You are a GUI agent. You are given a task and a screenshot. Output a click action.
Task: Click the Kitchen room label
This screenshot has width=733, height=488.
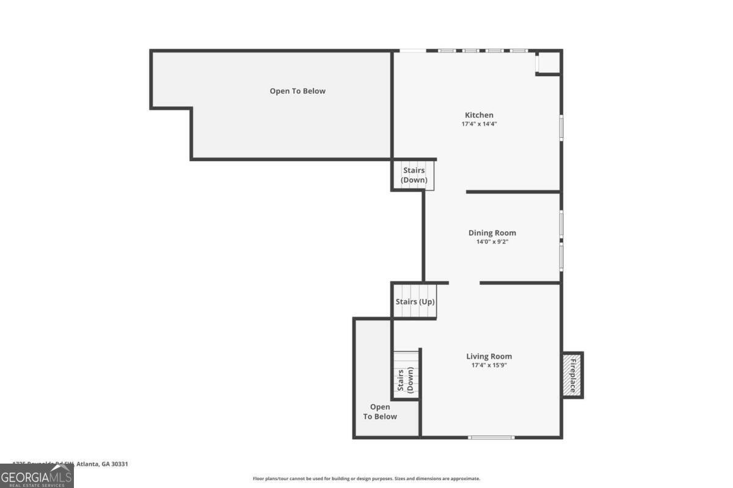tap(479, 115)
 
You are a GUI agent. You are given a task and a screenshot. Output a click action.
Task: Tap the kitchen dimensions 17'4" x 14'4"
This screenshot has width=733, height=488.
tap(479, 124)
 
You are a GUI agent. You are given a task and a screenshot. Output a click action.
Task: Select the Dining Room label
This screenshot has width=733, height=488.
tap(492, 232)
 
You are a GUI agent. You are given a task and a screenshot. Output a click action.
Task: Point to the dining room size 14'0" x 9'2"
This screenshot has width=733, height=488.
tap(492, 242)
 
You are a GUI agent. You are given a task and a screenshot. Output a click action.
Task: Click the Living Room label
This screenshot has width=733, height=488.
tap(489, 356)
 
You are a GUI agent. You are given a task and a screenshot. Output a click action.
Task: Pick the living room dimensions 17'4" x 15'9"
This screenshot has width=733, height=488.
tap(489, 365)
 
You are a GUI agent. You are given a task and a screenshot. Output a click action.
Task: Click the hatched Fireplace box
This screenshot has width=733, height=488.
tap(573, 375)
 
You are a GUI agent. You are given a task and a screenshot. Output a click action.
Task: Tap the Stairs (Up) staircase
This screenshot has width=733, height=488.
tap(415, 301)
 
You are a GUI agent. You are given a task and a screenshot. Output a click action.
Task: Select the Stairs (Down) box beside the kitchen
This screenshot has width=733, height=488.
tap(414, 175)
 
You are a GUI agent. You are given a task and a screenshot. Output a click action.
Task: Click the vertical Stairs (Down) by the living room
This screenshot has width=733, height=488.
tap(406, 375)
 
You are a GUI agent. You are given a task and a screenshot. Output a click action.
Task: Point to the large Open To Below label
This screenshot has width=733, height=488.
tap(297, 91)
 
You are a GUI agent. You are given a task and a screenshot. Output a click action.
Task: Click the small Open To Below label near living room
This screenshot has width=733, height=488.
tap(380, 412)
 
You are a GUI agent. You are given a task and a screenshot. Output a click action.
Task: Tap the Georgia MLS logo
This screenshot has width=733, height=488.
tap(37, 476)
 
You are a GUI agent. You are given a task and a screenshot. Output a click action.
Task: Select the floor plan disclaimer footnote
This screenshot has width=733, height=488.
tap(366, 479)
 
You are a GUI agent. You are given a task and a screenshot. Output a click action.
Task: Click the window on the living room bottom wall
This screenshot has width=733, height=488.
tap(491, 437)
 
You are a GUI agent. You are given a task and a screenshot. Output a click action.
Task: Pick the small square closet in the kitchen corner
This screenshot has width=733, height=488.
tap(548, 62)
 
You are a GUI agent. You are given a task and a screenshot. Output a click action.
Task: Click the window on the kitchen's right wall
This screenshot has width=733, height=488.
tap(561, 127)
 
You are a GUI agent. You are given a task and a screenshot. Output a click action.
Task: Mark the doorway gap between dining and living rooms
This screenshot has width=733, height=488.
tap(464, 283)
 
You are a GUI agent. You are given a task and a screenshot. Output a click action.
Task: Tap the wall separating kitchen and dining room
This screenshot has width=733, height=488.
tap(513, 192)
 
